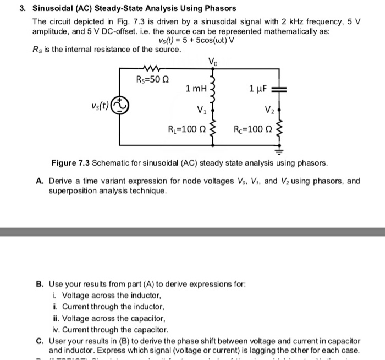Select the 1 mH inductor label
pyautogui.click(x=196, y=89)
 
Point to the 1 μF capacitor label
pyautogui.click(x=258, y=89)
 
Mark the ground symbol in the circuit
pyautogui.click(x=279, y=149)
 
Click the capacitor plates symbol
pyautogui.click(x=279, y=89)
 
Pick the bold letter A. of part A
pyautogui.click(x=41, y=181)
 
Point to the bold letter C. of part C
pyautogui.click(x=40, y=341)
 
